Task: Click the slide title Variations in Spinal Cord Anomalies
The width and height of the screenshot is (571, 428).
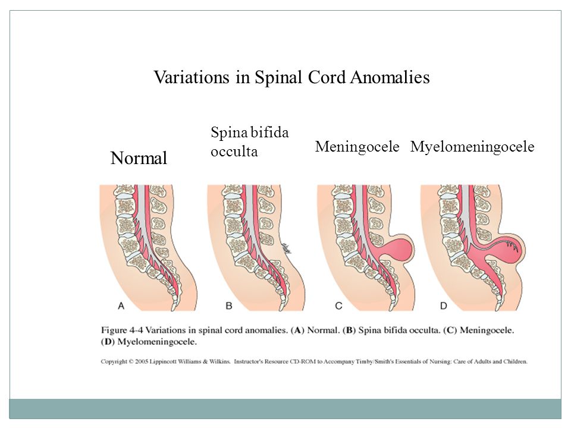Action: tap(291, 77)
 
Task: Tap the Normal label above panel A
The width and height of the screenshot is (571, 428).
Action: tap(139, 158)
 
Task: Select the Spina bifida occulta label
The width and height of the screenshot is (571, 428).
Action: tap(250, 141)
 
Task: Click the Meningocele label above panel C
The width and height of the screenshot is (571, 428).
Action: tap(357, 147)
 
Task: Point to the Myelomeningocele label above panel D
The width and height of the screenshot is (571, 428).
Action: tap(472, 147)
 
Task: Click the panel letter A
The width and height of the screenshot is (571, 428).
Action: tap(121, 306)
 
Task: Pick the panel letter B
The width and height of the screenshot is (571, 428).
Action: tap(228, 306)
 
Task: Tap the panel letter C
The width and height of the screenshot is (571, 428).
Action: tap(338, 306)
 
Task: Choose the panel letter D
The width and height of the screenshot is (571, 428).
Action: tap(444, 306)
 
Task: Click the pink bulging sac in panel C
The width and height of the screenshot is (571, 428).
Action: tap(399, 247)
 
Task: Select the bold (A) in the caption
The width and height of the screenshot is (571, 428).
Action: tap(297, 331)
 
